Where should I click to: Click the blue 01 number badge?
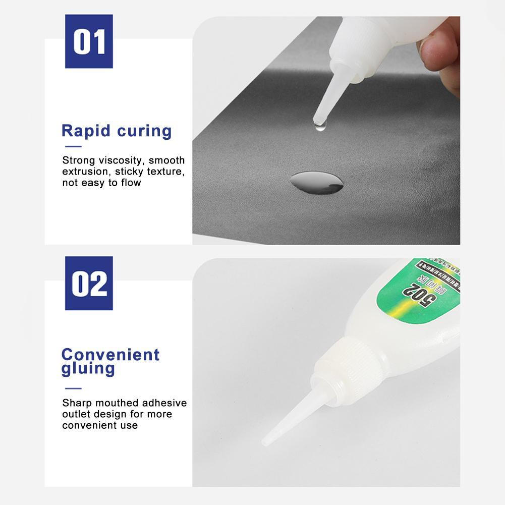[89, 41]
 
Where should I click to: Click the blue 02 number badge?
[89, 283]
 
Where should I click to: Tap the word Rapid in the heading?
[86, 131]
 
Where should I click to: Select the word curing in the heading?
[144, 132]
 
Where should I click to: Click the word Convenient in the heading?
[110, 354]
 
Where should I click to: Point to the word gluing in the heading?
[88, 368]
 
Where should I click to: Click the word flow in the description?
[131, 183]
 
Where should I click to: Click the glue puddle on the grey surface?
[317, 182]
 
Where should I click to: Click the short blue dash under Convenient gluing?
[73, 388]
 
